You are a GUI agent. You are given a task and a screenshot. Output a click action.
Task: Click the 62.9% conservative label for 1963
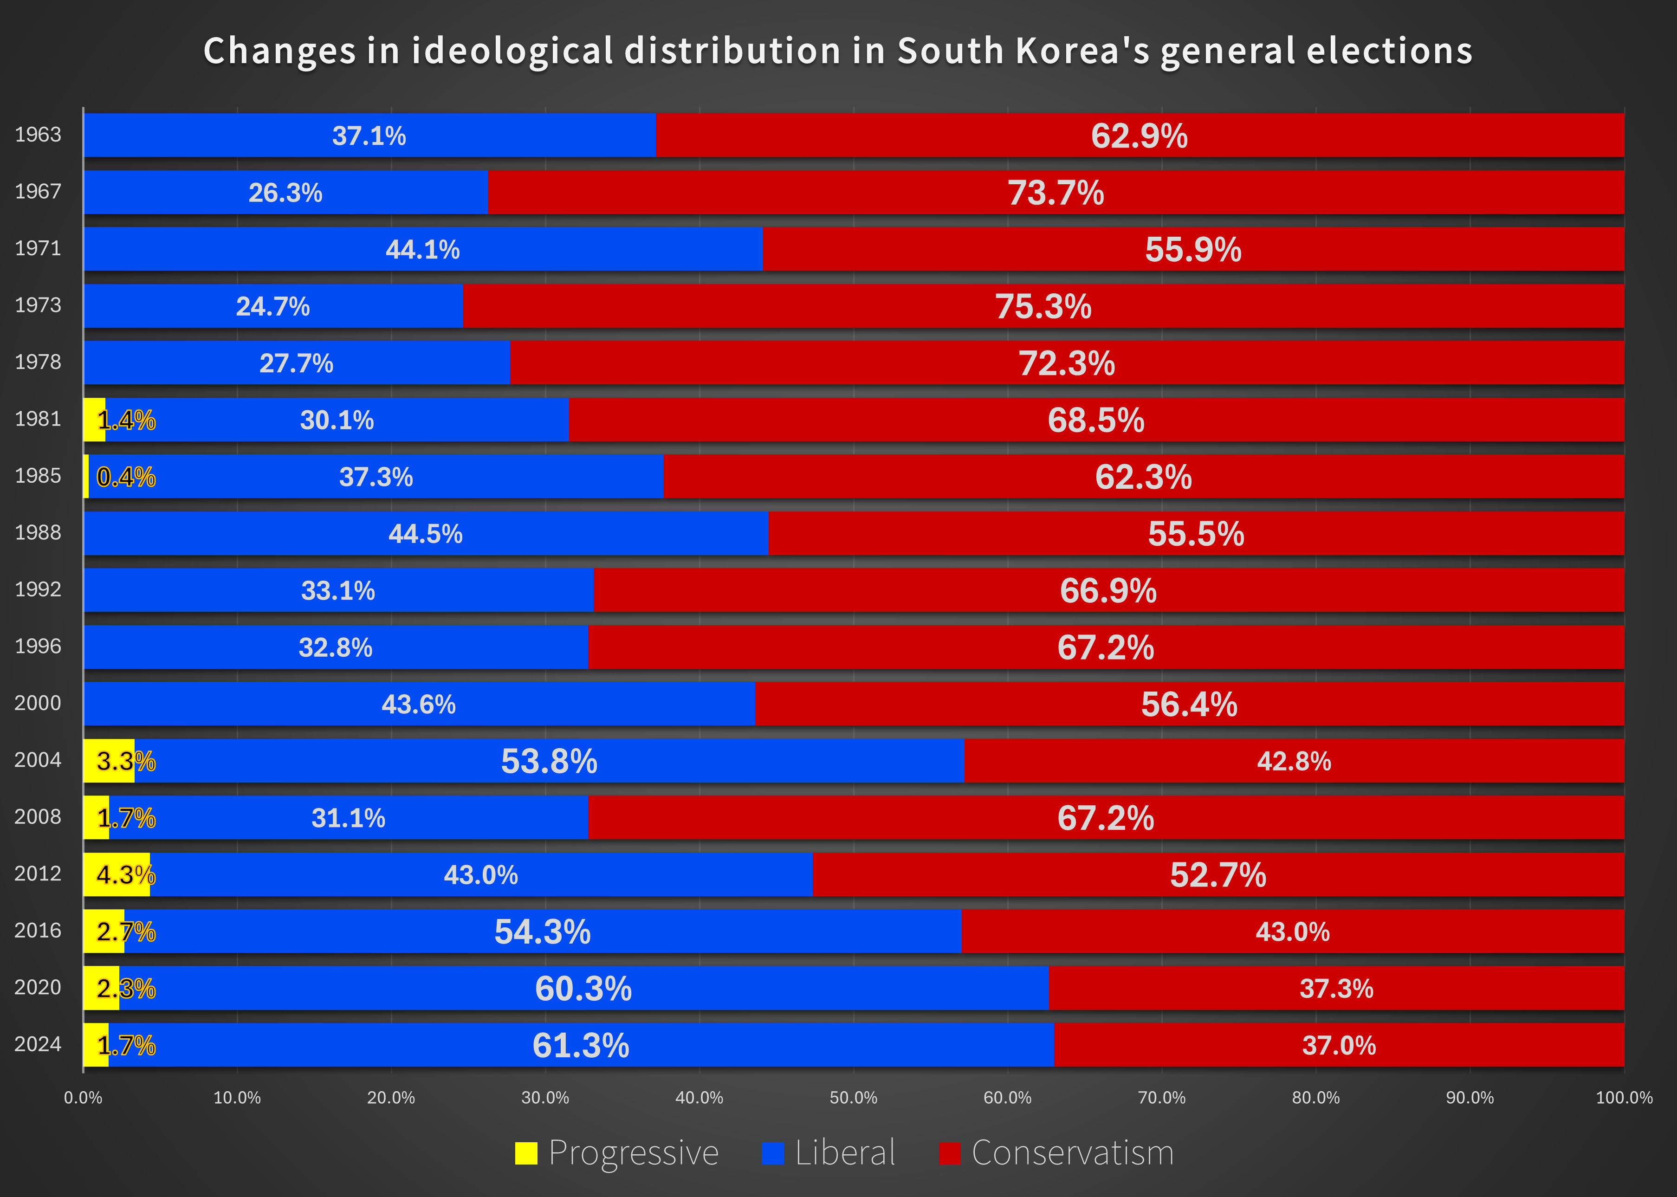1139,136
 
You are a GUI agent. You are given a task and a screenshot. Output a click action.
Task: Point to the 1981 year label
39,419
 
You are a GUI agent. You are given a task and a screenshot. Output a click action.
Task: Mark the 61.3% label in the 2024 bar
581,1045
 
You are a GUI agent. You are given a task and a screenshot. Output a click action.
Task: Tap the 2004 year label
39,760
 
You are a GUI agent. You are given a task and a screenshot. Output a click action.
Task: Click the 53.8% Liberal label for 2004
549,761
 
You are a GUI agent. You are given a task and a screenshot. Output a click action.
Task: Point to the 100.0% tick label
1624,1098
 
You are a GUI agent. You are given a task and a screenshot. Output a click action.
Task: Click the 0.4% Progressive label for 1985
126,477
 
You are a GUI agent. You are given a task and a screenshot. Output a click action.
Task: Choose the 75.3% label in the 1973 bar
1043,307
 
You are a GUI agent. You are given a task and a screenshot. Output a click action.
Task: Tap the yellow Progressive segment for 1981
94,420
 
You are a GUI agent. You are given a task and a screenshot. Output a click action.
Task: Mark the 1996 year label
39,647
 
